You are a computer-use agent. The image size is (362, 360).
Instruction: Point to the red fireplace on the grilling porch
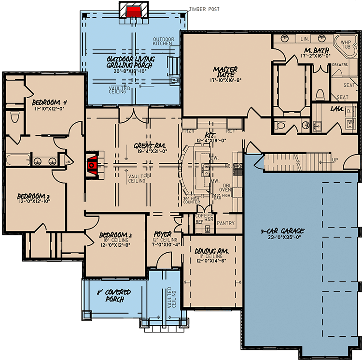133,12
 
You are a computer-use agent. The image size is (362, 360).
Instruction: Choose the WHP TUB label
346,45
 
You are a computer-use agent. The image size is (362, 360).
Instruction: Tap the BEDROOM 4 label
49,102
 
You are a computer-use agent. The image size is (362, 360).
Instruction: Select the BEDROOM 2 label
116,236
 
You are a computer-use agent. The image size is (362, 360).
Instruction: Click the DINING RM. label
212,252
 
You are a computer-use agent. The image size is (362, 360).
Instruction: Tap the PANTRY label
226,223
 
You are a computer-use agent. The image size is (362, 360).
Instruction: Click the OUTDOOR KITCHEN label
163,41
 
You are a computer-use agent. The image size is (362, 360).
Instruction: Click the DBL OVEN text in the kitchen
226,187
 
